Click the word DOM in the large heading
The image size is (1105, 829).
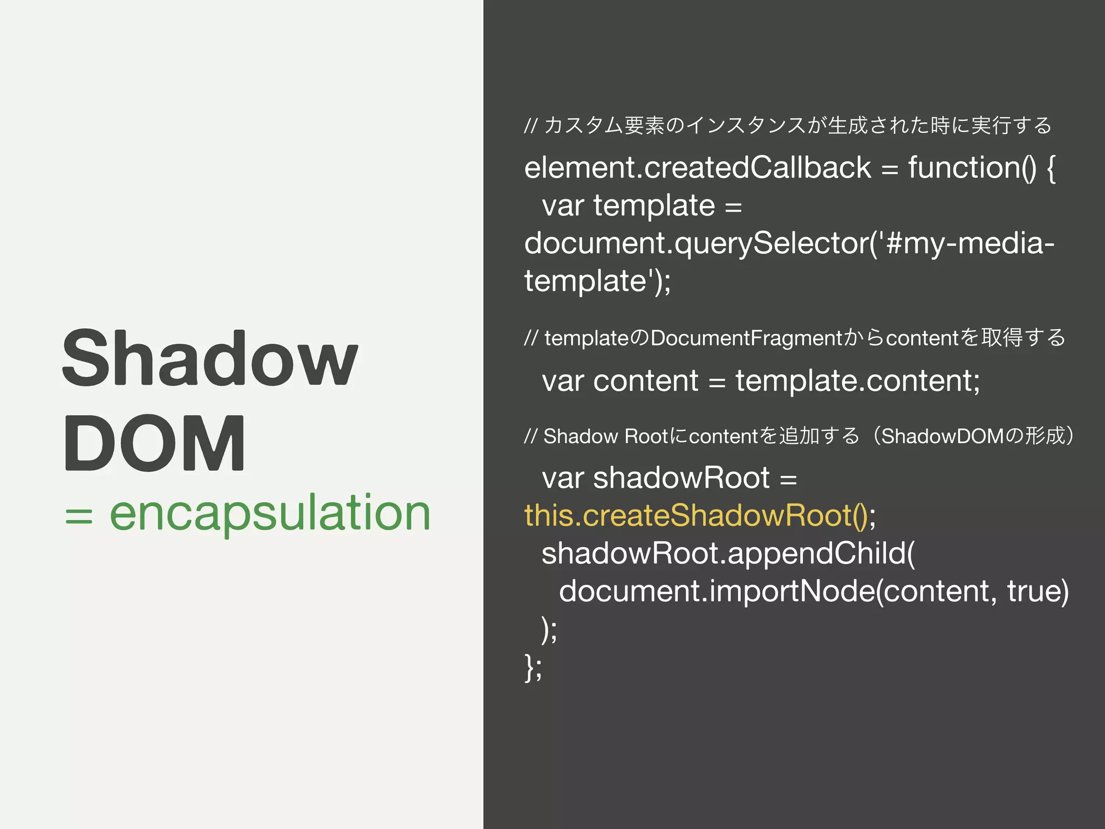[155, 444]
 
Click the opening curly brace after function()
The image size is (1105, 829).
[1051, 168]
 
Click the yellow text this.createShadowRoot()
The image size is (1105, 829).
[696, 515]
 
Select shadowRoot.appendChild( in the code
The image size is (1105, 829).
[728, 553]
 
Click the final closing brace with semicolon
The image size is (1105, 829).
[533, 667]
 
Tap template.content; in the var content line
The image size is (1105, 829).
[857, 381]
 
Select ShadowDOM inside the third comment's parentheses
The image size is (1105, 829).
[942, 436]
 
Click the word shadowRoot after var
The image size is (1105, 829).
[681, 478]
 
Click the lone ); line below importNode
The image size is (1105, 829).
[549, 629]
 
